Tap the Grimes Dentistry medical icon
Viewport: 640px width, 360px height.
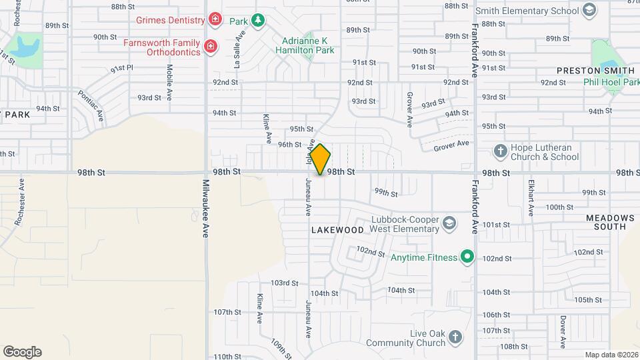tap(215, 19)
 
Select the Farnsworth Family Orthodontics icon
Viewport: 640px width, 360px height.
tap(210, 46)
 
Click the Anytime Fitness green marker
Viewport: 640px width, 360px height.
tap(468, 257)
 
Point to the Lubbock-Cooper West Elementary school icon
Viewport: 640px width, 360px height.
tap(449, 223)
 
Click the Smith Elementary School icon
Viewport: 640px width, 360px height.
tap(589, 10)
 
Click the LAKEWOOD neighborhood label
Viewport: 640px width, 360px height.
tap(337, 230)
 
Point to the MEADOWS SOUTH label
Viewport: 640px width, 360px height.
tap(610, 223)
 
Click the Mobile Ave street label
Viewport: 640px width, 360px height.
tap(170, 81)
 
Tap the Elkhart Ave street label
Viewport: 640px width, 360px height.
tap(531, 197)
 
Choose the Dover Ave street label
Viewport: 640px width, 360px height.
tap(563, 331)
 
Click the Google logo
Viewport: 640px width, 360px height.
tap(22, 351)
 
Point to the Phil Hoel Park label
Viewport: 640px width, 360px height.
tap(611, 82)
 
